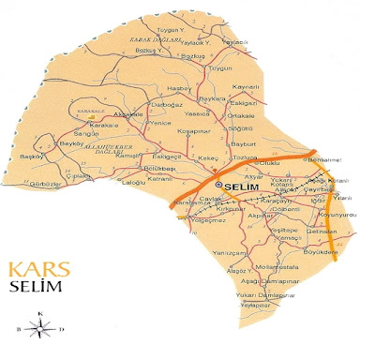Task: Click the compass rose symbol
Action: pyautogui.click(x=40, y=327)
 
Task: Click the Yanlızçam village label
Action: pyautogui.click(x=232, y=252)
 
